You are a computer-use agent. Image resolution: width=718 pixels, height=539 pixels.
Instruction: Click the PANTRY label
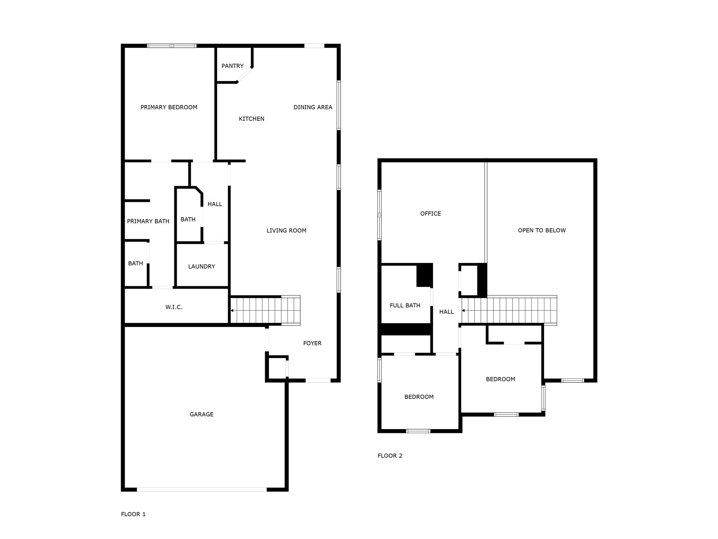click(x=232, y=66)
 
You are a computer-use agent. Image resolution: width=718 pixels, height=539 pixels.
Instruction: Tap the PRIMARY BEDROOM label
click(x=169, y=107)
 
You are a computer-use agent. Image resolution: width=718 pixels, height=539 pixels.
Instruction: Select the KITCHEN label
click(x=251, y=119)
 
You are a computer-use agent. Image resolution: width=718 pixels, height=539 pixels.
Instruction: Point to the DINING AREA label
click(x=313, y=107)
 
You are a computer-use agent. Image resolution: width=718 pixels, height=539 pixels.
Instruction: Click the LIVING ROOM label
click(x=286, y=231)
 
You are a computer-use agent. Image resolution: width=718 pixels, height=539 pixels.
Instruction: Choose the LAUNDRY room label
click(x=201, y=267)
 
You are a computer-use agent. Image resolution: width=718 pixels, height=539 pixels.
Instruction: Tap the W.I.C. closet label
click(x=174, y=307)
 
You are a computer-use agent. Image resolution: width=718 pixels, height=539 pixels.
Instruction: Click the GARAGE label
click(x=201, y=414)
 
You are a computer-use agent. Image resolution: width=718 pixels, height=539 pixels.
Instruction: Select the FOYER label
click(x=312, y=343)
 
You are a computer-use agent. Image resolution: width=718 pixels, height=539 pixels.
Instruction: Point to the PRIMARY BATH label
click(x=148, y=221)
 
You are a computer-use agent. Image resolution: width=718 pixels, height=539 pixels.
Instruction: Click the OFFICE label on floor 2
click(x=430, y=213)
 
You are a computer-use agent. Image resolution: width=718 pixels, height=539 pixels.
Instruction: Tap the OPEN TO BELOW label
click(x=542, y=230)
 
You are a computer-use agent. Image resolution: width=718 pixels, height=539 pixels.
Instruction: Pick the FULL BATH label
click(x=405, y=305)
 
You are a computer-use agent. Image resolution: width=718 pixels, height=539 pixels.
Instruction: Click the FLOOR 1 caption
click(x=133, y=514)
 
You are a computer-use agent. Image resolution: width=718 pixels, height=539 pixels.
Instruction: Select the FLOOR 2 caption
click(x=390, y=456)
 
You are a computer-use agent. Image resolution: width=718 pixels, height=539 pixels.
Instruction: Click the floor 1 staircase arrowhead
click(x=232, y=310)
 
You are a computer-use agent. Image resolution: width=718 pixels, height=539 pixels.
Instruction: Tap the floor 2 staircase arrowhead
click(x=463, y=310)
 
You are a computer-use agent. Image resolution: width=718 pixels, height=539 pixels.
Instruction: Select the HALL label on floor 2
click(x=446, y=312)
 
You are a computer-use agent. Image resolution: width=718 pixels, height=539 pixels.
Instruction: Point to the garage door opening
click(x=202, y=489)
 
